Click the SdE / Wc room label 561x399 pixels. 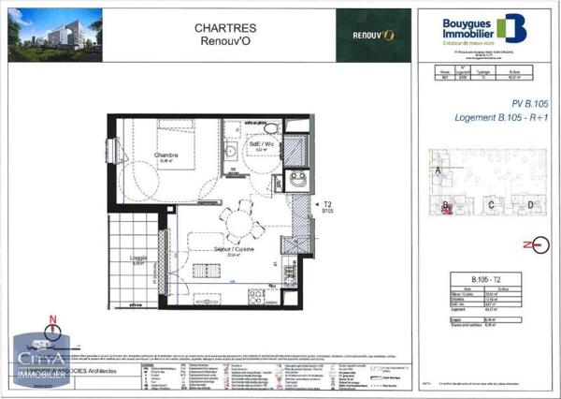[261, 143]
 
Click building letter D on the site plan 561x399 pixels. [529, 204]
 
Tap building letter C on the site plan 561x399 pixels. [491, 204]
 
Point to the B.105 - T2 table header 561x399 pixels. [483, 280]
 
